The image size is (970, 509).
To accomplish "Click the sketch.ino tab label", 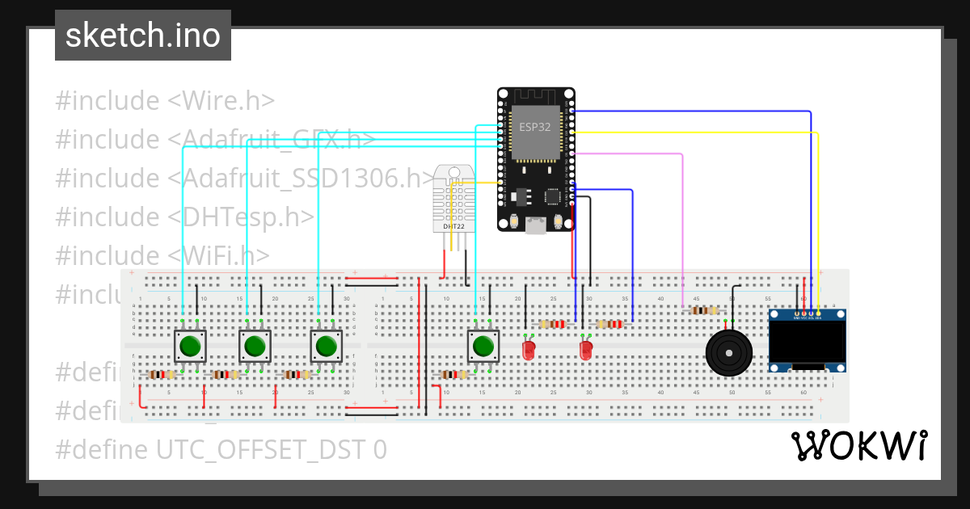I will coord(142,36).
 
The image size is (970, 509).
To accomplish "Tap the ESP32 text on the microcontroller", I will coord(535,126).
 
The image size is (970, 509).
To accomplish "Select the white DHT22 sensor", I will coord(453,198).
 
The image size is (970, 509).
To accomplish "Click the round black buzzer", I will coord(729,352).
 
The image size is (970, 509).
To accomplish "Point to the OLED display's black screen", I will coord(807,339).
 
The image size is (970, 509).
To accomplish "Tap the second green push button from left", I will coord(254,346).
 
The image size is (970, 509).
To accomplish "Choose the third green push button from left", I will coord(326,346).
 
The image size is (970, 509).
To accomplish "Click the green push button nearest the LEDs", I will coord(483,346).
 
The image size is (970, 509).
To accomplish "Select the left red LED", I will coord(529,351).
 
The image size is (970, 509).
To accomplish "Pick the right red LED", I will coord(586,351).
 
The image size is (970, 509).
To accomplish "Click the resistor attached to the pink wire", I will coord(703,310).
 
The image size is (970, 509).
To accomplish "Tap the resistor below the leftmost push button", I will coord(162,375).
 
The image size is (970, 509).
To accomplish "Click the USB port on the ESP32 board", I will coord(535,226).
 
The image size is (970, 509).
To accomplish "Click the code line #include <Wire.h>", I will coord(165,101).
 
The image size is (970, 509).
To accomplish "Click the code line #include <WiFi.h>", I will coord(162,255).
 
